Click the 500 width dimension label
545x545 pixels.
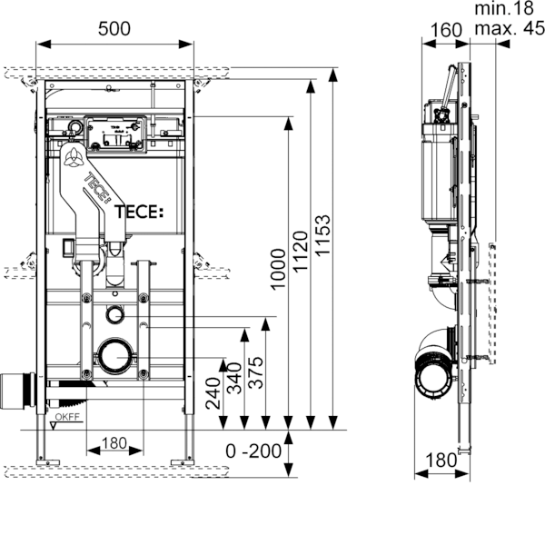(115, 29)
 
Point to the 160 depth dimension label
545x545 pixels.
(444, 29)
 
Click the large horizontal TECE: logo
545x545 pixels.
(139, 213)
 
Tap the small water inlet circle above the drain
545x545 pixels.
(115, 316)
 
